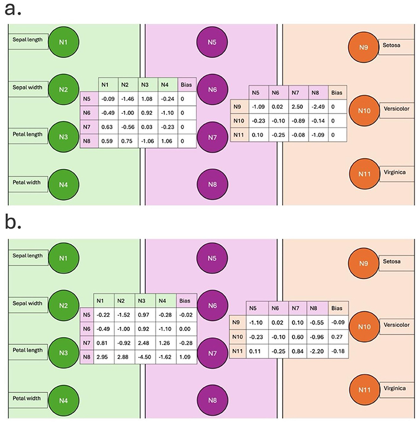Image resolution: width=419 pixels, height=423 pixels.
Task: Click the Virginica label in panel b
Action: pos(392,388)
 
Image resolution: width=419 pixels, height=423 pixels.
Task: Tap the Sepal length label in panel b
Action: pos(28,256)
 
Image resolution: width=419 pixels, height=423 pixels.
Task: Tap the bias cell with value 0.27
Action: pos(337,337)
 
